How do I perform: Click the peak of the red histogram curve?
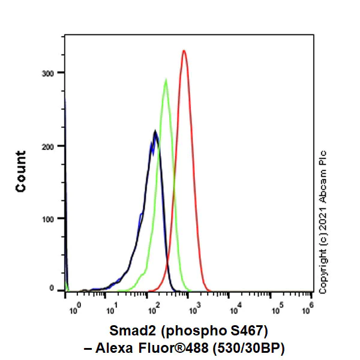click(184, 51)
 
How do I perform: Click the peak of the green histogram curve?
click(166, 80)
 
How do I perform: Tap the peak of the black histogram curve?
click(155, 131)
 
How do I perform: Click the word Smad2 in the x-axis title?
click(128, 331)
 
